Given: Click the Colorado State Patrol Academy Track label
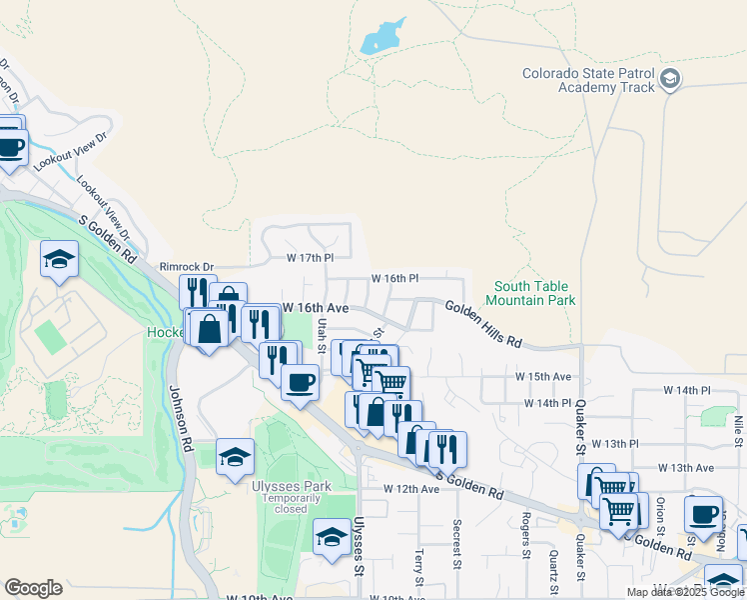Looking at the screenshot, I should (589, 80).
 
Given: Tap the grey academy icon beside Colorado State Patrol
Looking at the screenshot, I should (670, 78).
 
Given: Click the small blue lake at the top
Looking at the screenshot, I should (382, 37).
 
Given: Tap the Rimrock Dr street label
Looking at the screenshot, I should (187, 267).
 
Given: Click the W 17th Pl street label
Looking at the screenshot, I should (309, 257).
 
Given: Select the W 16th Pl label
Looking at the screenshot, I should (394, 278).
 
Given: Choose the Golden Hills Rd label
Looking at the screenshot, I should (483, 325).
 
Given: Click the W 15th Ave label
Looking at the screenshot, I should (542, 376).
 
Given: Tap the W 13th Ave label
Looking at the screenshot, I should (685, 467).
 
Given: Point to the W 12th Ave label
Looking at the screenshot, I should (411, 489).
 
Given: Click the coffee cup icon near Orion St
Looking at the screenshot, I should (703, 514).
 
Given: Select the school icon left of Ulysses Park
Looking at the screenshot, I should (234, 457).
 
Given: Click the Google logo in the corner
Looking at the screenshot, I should (33, 588).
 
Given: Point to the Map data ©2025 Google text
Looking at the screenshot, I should (685, 592).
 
